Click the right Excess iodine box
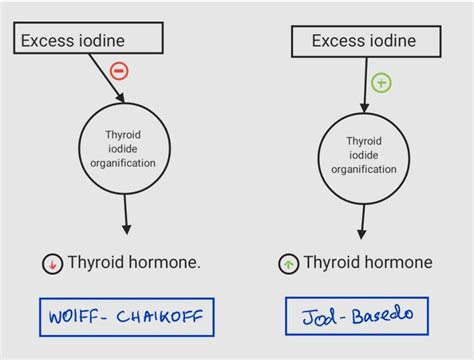coord(364,41)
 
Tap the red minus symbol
coord(119,71)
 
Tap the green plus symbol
coord(381,83)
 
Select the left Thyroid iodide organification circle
coord(130,148)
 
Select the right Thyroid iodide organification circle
coord(363,155)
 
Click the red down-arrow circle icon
coord(52,264)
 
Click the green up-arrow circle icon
coord(288,264)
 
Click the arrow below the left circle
coord(127,214)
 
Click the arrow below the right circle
coord(363,220)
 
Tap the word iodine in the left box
coord(125,39)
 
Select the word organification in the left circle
coord(130,162)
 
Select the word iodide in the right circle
coord(364,155)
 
